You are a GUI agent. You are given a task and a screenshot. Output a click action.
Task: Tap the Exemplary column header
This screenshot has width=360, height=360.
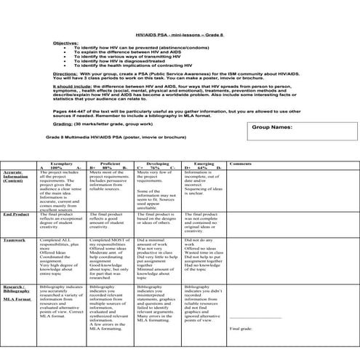pyautogui.click(x=61, y=164)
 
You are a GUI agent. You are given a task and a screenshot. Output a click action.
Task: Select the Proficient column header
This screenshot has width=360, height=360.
pyautogui.click(x=111, y=164)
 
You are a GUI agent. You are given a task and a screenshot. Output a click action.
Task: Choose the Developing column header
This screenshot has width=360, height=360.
pyautogui.click(x=158, y=164)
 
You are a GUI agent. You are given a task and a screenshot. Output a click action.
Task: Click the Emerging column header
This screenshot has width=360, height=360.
pyautogui.click(x=204, y=164)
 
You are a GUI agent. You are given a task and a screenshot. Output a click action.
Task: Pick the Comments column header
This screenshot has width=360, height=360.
pyautogui.click(x=241, y=164)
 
